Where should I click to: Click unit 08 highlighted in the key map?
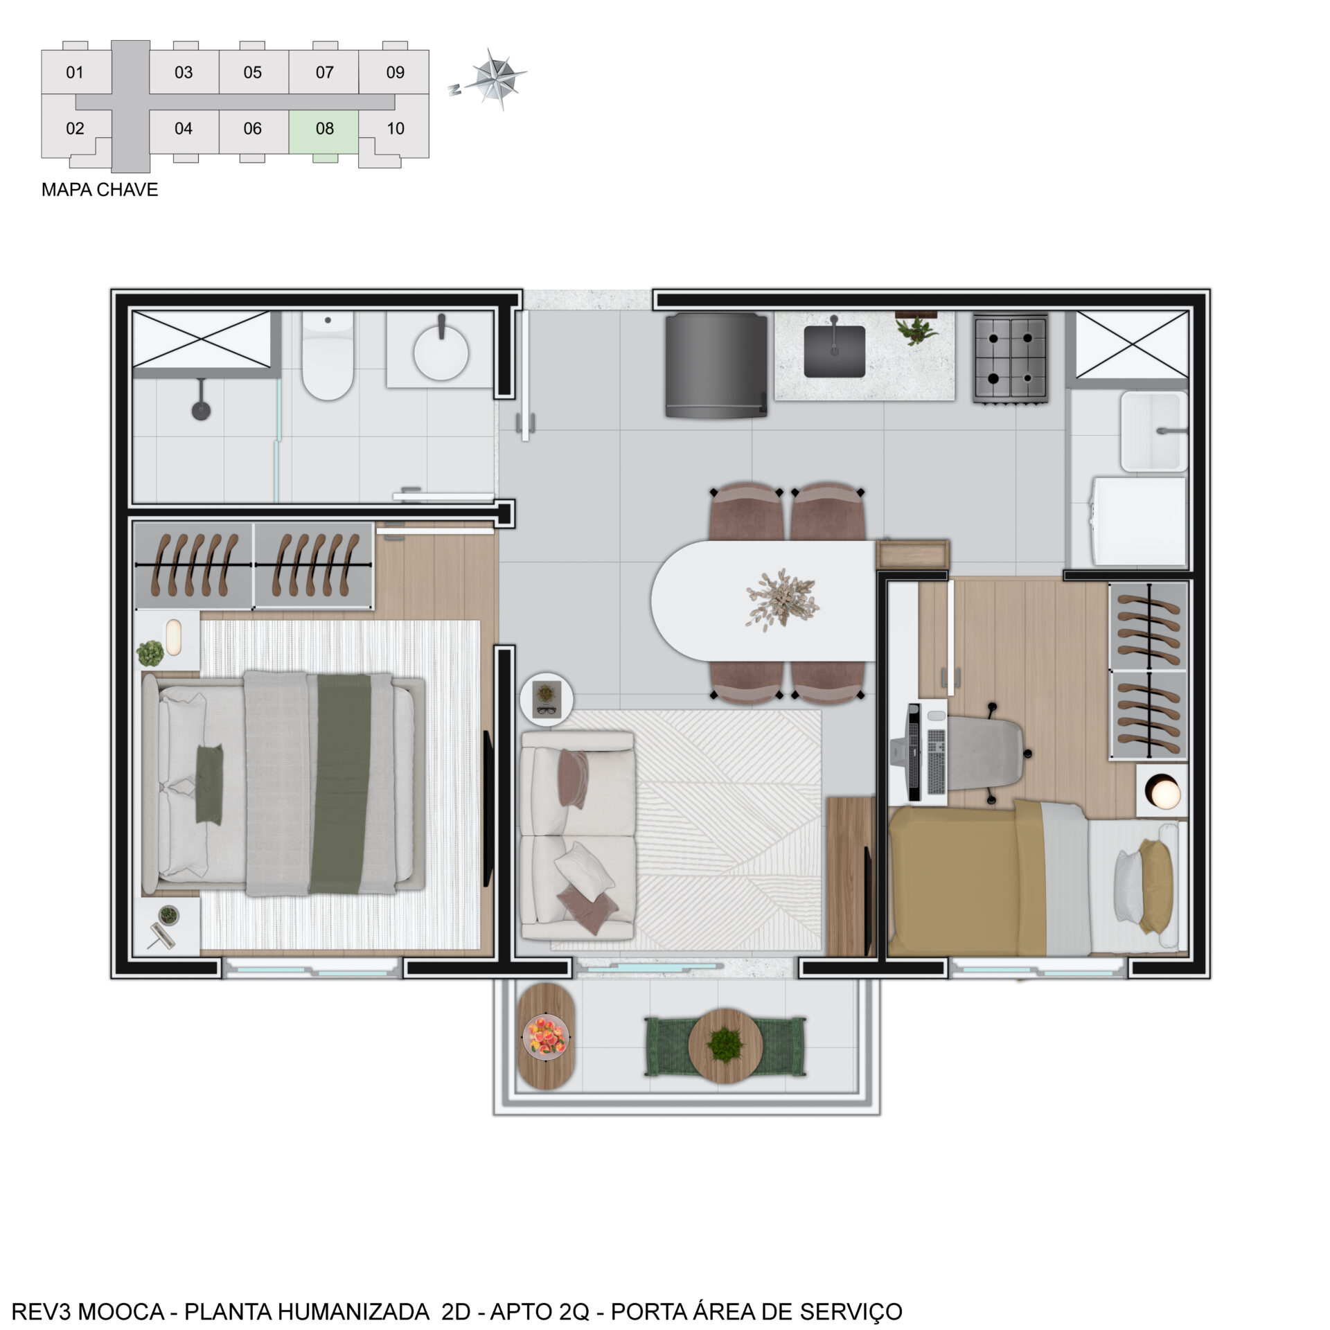coord(323,132)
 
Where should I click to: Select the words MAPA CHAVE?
coord(100,190)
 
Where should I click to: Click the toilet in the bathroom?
coord(328,355)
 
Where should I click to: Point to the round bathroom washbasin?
coord(441,353)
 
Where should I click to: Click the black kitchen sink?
coord(834,351)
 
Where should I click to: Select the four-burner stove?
coord(1010,357)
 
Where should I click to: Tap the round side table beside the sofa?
coord(547,698)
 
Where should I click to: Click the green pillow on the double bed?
coord(209,783)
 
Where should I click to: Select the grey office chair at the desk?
coord(985,753)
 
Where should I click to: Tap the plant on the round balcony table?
coord(725,1043)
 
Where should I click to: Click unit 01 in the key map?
coord(76,71)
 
